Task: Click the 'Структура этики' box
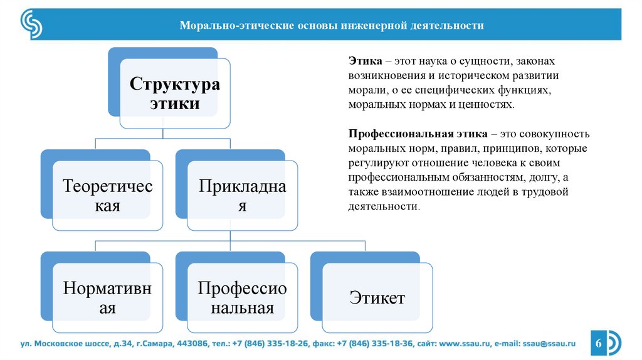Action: tap(174, 94)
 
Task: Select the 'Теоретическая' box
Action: tap(107, 195)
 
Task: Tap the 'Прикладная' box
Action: tap(242, 195)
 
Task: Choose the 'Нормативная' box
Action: tap(107, 297)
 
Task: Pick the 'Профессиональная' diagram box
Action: tap(242, 297)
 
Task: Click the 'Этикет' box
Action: tap(377, 297)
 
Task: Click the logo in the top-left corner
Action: tap(31, 24)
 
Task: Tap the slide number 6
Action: tap(597, 344)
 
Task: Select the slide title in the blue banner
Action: tap(332, 26)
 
